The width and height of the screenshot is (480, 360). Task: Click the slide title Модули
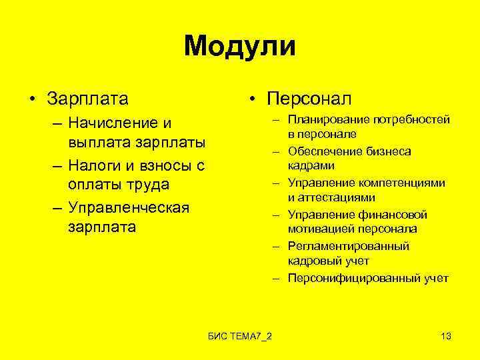[x=240, y=47]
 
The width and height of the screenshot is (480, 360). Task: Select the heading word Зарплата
[x=87, y=99]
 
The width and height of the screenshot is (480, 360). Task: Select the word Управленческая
[x=129, y=207]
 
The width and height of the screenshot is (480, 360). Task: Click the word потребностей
[x=411, y=119]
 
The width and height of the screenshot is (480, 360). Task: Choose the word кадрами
[x=311, y=165]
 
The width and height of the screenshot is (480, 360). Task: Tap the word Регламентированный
[x=349, y=246]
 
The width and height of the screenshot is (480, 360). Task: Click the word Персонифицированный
[x=354, y=278]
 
